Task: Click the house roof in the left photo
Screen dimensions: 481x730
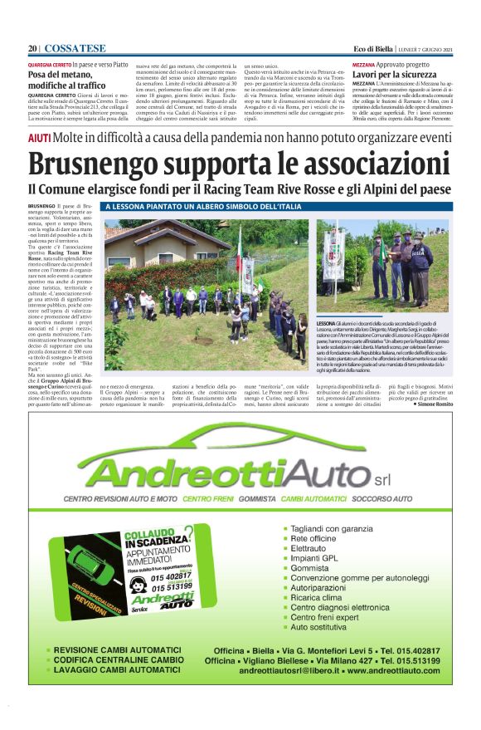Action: pyautogui.click(x=158, y=230)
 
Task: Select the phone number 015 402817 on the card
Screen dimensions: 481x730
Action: pyautogui.click(x=172, y=576)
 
